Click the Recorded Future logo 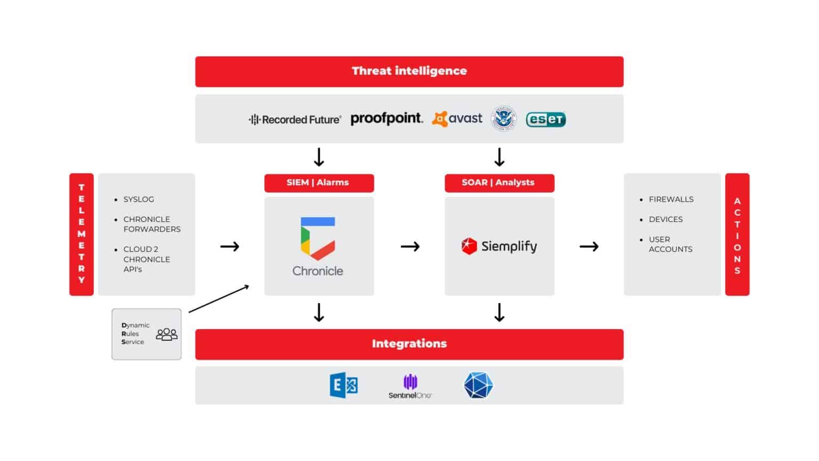295,120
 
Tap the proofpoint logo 386,118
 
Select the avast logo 457,118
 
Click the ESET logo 545,120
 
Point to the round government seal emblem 503,118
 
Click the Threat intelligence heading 409,71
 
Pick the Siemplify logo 499,246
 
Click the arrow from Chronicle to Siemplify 410,247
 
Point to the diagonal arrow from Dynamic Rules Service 219,299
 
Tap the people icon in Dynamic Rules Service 166,334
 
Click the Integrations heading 409,344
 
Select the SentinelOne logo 410,386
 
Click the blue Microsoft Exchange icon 344,385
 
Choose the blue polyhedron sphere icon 478,385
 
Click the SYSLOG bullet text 139,200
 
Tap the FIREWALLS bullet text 671,200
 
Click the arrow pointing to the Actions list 589,247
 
